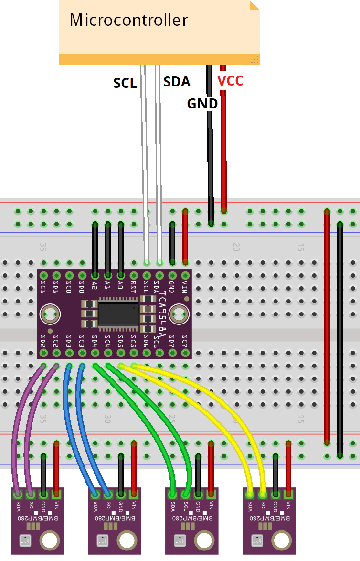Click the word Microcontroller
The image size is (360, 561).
coord(128,20)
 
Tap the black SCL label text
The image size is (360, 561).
coord(125,83)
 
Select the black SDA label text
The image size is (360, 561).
coord(177,82)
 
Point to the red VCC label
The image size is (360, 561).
coord(230,81)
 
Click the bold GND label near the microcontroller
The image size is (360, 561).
coord(202,103)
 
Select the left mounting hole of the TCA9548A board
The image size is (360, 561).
coord(49,314)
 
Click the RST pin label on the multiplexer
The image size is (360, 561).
coord(133,287)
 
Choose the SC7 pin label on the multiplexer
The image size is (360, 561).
coord(185,342)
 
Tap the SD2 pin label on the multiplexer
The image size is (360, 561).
coord(43,342)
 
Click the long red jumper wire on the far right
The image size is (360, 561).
coord(327,325)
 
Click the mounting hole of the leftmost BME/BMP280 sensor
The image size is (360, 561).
coord(49,541)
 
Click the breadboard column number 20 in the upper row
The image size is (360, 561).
coord(235,247)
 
